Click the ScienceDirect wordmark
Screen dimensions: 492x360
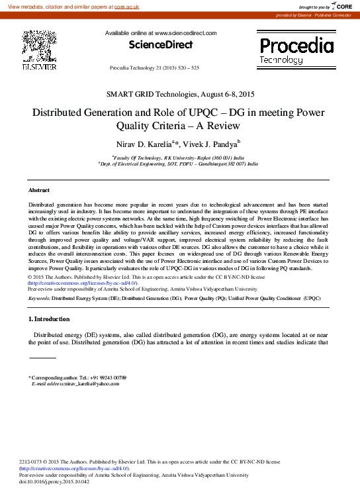pyautogui.click(x=160, y=46)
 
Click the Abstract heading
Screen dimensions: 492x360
pyautogui.click(x=39, y=190)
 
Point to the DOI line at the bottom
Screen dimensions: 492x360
pyautogui.click(x=54, y=481)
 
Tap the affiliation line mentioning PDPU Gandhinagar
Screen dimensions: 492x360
pyautogui.click(x=179, y=163)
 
